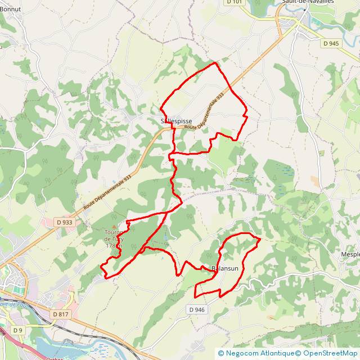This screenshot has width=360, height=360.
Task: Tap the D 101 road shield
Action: pos(235,2)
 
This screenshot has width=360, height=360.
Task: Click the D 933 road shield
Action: pos(65,222)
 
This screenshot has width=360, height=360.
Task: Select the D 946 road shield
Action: pos(197,309)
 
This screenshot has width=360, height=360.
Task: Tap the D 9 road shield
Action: pos(18,330)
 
